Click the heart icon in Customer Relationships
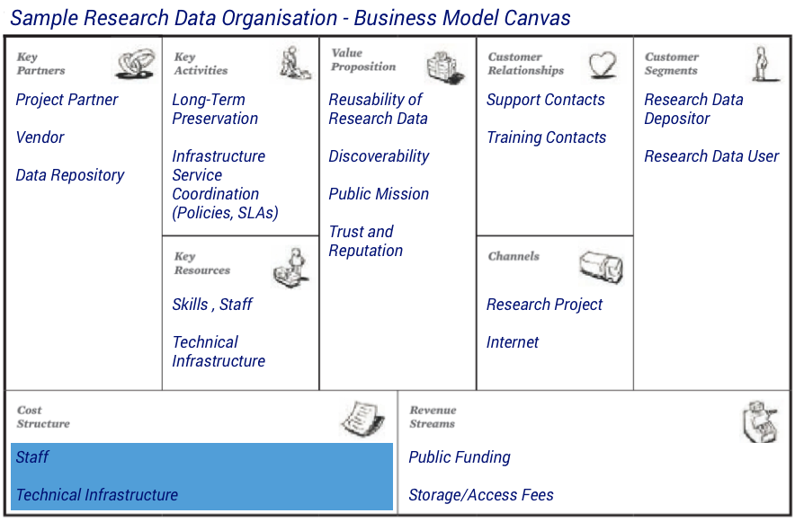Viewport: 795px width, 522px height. click(x=603, y=65)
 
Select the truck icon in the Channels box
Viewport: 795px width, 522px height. click(x=602, y=267)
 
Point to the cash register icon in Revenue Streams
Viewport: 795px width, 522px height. click(x=760, y=421)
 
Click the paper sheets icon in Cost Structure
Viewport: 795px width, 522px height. click(x=362, y=418)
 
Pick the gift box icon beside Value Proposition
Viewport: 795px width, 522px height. click(x=445, y=68)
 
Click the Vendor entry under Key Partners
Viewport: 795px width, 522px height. click(x=40, y=137)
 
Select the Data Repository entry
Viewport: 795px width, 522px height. click(x=70, y=175)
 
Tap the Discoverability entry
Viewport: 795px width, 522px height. click(x=379, y=156)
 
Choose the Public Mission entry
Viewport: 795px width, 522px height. click(x=379, y=194)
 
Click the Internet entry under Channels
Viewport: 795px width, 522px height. click(x=512, y=342)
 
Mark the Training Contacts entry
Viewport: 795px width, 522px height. click(x=546, y=137)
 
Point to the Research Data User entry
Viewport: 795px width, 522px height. click(x=711, y=156)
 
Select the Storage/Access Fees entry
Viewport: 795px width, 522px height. click(x=481, y=495)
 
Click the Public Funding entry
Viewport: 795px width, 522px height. click(x=460, y=457)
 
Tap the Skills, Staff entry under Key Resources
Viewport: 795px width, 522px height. click(x=212, y=305)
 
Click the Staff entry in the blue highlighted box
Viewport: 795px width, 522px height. click(x=32, y=457)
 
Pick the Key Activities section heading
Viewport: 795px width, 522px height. click(x=201, y=64)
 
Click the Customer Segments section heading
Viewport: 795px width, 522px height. click(x=671, y=64)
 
